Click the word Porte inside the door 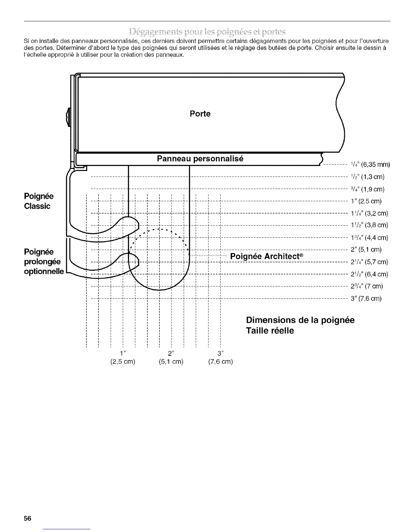[x=200, y=114]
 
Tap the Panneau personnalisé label [x=200, y=159]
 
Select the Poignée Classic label [x=39, y=201]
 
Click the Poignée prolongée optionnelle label [x=43, y=261]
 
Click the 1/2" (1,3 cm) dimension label [x=367, y=177]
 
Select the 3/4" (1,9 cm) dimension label [x=367, y=189]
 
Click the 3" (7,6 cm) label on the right [x=366, y=299]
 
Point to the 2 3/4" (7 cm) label [x=367, y=286]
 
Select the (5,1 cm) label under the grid [x=171, y=362]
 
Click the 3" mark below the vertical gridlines [x=220, y=353]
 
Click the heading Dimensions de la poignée [x=300, y=320]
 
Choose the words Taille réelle [x=270, y=331]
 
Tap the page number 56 [x=28, y=518]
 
